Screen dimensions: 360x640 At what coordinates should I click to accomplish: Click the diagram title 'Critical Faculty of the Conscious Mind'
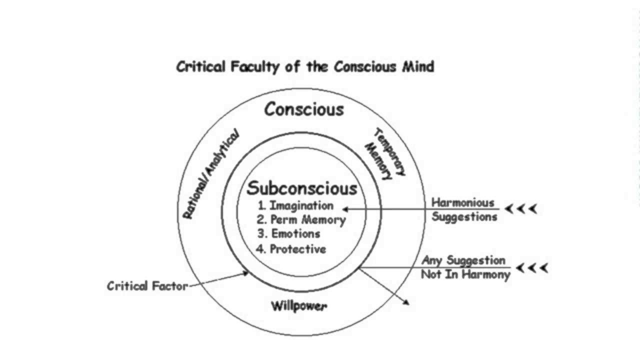(305, 66)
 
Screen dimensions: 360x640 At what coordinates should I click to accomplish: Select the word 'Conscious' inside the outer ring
(304, 109)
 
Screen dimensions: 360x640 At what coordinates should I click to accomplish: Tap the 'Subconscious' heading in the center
(302, 188)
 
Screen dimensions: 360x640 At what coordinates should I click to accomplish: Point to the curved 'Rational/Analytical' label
(210, 174)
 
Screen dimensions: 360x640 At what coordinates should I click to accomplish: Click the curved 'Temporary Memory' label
(385, 153)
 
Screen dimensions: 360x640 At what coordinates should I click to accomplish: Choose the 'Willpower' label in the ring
(299, 305)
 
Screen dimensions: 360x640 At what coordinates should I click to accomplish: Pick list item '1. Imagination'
(295, 205)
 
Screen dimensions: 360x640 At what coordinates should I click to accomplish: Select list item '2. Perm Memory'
(301, 219)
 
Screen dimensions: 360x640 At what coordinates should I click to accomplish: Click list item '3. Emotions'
(288, 233)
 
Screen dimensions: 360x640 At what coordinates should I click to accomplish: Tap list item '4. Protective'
(291, 249)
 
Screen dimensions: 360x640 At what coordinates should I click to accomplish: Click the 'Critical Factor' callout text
(147, 286)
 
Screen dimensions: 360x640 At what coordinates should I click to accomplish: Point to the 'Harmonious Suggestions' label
(464, 209)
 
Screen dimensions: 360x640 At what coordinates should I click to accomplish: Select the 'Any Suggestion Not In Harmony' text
(465, 267)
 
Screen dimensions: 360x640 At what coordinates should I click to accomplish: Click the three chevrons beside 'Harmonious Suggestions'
(520, 209)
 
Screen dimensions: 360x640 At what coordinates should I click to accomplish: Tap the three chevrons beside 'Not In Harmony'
(532, 268)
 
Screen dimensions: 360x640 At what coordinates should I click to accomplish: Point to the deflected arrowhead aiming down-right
(406, 302)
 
